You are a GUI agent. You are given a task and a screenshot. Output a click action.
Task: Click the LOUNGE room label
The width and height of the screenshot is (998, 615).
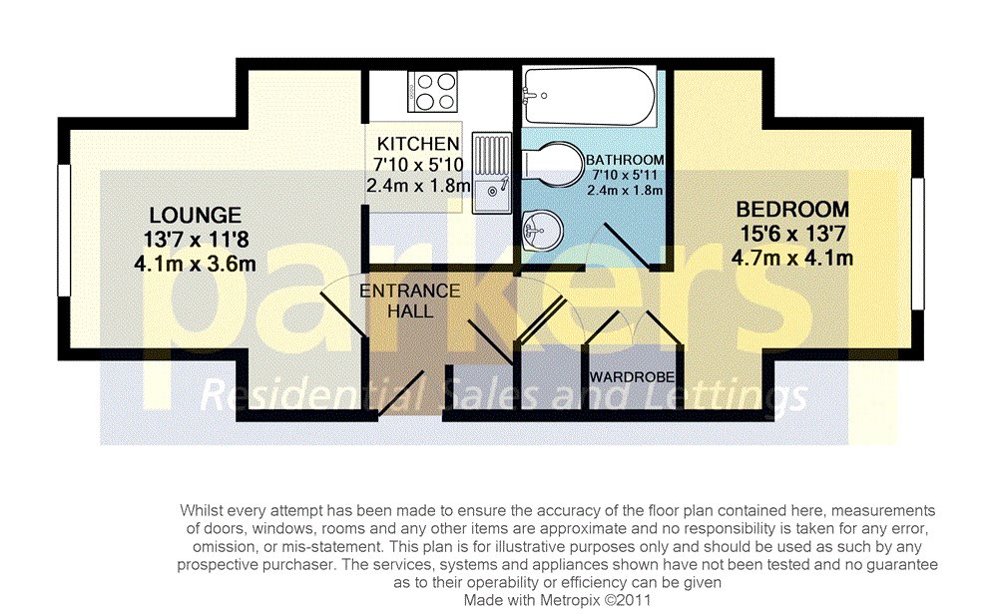[196, 215]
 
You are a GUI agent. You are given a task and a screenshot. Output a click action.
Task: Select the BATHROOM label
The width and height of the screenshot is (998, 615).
[625, 160]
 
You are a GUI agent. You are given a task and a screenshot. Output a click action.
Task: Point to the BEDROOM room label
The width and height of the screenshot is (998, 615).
[792, 210]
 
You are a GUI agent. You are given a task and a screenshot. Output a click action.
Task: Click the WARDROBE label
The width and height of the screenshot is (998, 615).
[632, 377]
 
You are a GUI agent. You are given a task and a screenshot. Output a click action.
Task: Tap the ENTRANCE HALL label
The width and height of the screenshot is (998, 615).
[410, 301]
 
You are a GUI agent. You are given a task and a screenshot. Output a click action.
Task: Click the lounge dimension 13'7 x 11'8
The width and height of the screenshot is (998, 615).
[196, 240]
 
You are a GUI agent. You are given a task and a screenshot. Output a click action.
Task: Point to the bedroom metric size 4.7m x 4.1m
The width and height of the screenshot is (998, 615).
[792, 258]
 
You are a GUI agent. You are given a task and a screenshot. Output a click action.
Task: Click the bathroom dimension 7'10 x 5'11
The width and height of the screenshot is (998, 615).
[625, 176]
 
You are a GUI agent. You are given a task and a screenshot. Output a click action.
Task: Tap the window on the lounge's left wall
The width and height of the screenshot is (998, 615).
[62, 231]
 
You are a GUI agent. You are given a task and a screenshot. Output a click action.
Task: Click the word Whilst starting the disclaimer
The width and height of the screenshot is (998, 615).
[203, 509]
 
